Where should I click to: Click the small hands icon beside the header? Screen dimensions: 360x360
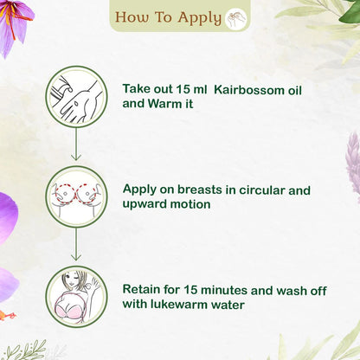point(236,18)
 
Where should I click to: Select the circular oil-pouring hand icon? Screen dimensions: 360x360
point(76,97)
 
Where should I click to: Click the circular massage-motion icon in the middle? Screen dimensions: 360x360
point(76,196)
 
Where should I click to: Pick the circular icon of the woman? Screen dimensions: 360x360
point(76,295)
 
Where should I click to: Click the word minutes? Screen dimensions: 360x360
point(229,288)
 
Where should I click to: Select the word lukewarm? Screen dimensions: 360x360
point(191,305)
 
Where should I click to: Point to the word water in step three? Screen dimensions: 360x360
point(247,305)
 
